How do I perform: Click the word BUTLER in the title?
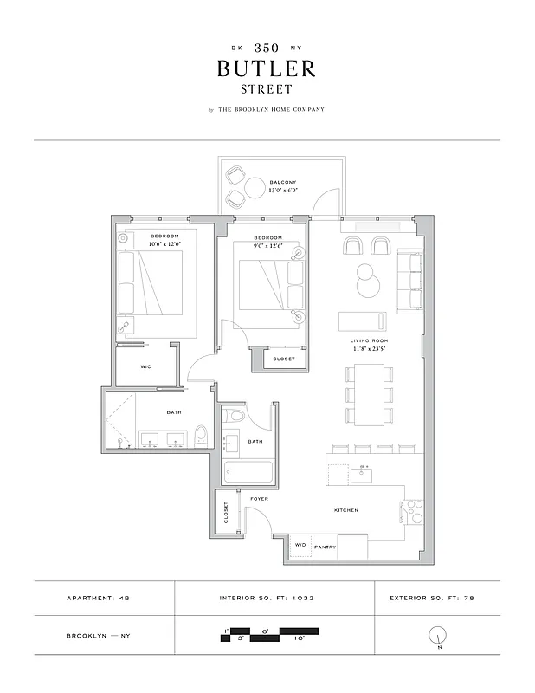[267, 68]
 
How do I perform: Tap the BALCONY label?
[283, 183]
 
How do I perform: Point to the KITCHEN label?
[346, 510]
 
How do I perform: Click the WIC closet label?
[146, 367]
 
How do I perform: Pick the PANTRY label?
[325, 547]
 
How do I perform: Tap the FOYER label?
[259, 500]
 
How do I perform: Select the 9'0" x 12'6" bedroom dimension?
[267, 245]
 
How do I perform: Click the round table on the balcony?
[255, 188]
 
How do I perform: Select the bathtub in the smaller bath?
[248, 473]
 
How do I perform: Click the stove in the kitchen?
[413, 511]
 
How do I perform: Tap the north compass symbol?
[436, 637]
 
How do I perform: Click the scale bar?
[269, 635]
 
